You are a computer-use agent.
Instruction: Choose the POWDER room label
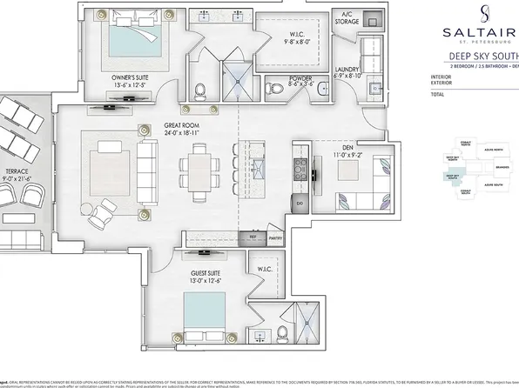pyautogui.click(x=300, y=78)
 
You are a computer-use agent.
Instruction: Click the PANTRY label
pyautogui.click(x=278, y=237)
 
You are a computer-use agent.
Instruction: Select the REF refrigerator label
pyautogui.click(x=253, y=237)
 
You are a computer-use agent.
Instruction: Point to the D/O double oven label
pyautogui.click(x=299, y=204)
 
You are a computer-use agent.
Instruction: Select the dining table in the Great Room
pyautogui.click(x=199, y=165)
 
